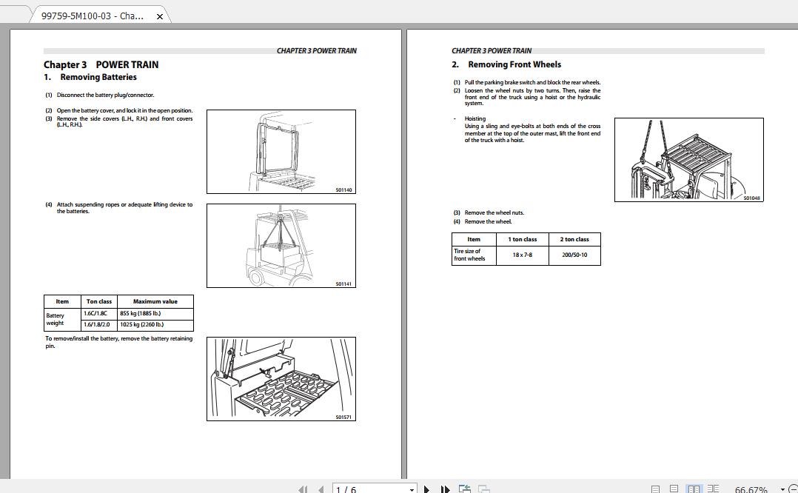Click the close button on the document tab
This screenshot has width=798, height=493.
(160, 16)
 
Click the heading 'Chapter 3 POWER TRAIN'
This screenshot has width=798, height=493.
(101, 64)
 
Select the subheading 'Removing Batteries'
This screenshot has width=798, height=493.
(98, 77)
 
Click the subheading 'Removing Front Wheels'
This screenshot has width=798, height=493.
(514, 64)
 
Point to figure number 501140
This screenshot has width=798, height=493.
(344, 190)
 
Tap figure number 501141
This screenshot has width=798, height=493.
(344, 284)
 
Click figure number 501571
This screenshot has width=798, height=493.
(344, 417)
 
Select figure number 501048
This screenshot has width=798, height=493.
(751, 198)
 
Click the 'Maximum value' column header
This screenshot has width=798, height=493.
(155, 301)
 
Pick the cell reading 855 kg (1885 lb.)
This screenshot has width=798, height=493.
(141, 313)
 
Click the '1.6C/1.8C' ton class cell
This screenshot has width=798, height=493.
(95, 313)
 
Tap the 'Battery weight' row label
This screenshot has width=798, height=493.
(56, 319)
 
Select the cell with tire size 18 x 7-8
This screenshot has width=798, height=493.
(522, 255)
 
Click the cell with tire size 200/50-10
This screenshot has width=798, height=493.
(574, 255)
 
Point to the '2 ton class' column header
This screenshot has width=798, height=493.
(574, 239)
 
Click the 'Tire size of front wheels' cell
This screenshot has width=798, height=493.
(470, 255)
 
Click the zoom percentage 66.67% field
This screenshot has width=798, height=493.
(751, 489)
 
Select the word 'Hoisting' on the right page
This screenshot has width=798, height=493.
(475, 118)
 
